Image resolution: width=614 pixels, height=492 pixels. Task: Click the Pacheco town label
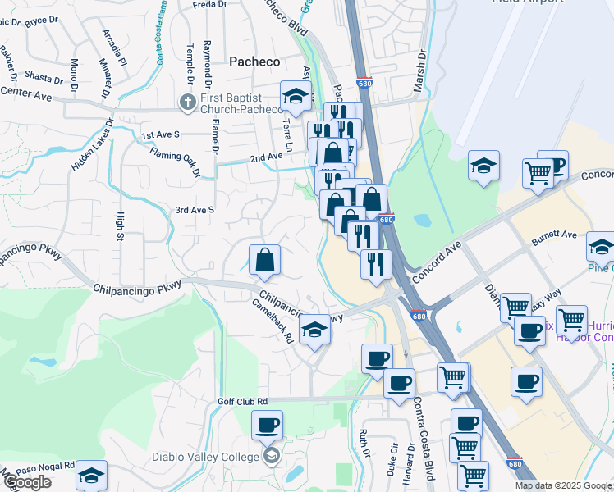click(x=254, y=61)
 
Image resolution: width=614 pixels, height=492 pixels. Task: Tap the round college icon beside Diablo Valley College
click(x=270, y=456)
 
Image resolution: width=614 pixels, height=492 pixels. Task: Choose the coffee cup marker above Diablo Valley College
click(x=267, y=426)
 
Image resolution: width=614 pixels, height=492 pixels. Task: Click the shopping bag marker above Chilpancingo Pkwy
click(x=265, y=260)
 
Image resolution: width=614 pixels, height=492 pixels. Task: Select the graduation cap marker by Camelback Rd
click(x=314, y=330)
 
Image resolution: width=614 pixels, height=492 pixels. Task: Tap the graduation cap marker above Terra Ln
click(x=296, y=97)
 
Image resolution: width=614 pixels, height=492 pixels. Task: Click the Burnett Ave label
click(x=554, y=235)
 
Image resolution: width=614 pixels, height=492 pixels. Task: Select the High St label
click(x=120, y=227)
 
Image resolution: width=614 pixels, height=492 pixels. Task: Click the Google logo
click(x=26, y=482)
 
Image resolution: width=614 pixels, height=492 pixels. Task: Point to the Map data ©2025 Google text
click(x=562, y=485)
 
